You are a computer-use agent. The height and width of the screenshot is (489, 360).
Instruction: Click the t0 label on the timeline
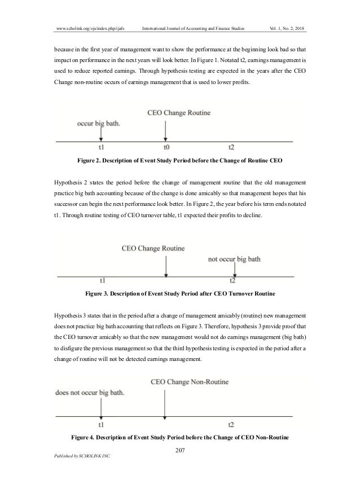(x=166, y=147)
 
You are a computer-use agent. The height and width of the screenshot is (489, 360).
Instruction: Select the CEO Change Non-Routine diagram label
(x=189, y=382)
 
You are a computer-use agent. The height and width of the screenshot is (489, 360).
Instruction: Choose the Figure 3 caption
(x=180, y=294)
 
